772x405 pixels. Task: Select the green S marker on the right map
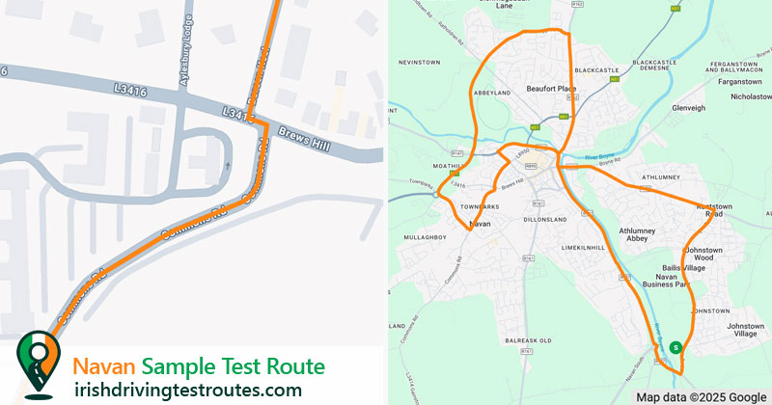coord(675,347)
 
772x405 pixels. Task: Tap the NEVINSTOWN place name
coord(420,63)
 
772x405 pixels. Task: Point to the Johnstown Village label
coord(744,330)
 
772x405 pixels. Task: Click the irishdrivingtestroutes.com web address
coord(188,390)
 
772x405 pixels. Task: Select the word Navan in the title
coord(104,366)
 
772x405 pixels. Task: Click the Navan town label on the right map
coord(480,224)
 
